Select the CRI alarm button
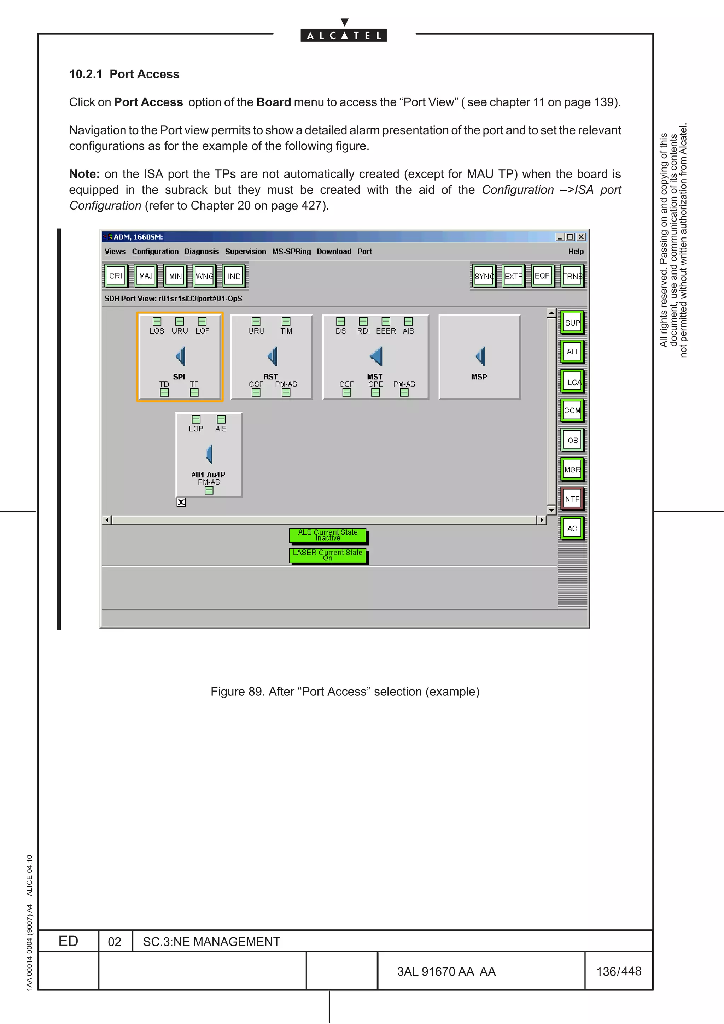pyautogui.click(x=116, y=276)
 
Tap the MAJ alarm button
pyautogui.click(x=145, y=276)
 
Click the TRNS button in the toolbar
pyautogui.click(x=572, y=276)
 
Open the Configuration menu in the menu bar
pyautogui.click(x=155, y=252)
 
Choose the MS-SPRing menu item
pyautogui.click(x=291, y=252)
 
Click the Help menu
pyautogui.click(x=576, y=252)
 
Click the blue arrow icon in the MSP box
pyautogui.click(x=480, y=356)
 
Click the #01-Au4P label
pyautogui.click(x=208, y=475)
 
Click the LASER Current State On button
pyautogui.click(x=328, y=555)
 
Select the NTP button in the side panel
pyautogui.click(x=572, y=499)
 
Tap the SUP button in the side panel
pyautogui.click(x=572, y=323)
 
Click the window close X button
pyautogui.click(x=581, y=237)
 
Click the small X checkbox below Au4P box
pyautogui.click(x=181, y=502)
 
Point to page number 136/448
pyautogui.click(x=618, y=971)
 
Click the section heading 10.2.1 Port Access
pyautogui.click(x=124, y=74)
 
